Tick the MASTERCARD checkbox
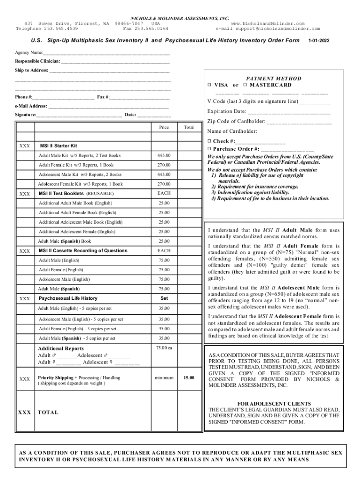[245, 85]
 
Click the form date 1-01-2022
[319, 41]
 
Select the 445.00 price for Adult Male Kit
[164, 155]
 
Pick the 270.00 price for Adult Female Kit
[164, 165]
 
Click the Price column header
[164, 127]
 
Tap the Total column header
[189, 127]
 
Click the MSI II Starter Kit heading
[58, 145]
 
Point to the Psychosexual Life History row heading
[68, 298]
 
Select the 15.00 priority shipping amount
[189, 377]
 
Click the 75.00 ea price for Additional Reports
[164, 348]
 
